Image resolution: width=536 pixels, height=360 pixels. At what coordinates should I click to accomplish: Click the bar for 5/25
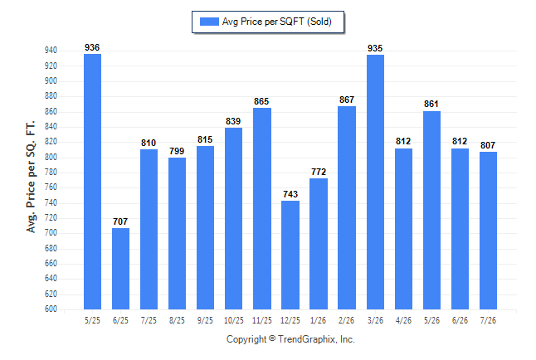tap(92, 182)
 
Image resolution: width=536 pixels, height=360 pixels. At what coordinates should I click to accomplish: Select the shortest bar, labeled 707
tap(120, 269)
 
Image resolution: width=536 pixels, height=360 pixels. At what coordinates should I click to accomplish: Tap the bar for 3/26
tap(375, 182)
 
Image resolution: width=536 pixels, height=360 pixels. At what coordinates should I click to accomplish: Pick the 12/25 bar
tap(290, 255)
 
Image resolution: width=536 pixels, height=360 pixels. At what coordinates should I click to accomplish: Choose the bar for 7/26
tap(488, 231)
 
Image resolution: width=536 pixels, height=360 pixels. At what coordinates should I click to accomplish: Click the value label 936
tap(92, 47)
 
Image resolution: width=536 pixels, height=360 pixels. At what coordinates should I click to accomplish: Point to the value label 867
tap(347, 100)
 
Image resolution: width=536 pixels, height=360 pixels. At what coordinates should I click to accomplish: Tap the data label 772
tap(319, 172)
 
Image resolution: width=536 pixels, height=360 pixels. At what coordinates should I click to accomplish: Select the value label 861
tap(431, 104)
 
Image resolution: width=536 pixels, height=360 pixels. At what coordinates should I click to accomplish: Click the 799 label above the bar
tap(177, 151)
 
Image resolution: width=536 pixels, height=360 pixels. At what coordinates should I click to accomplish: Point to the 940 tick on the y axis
tap(51, 51)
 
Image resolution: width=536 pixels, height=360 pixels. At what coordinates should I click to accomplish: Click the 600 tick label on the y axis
tap(51, 309)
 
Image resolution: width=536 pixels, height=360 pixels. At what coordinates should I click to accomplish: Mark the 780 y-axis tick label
tap(51, 173)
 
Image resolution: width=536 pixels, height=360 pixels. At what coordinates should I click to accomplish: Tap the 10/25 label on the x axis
tap(234, 320)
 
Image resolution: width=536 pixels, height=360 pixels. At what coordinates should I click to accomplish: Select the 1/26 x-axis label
tap(319, 320)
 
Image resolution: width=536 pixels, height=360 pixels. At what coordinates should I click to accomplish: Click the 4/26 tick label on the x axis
tap(403, 320)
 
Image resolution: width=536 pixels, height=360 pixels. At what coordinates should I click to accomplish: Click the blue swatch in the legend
tap(209, 22)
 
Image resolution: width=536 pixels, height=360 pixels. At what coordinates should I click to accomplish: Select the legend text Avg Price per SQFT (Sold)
tap(277, 22)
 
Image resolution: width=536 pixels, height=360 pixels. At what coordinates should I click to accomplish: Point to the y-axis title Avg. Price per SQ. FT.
tap(31, 177)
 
